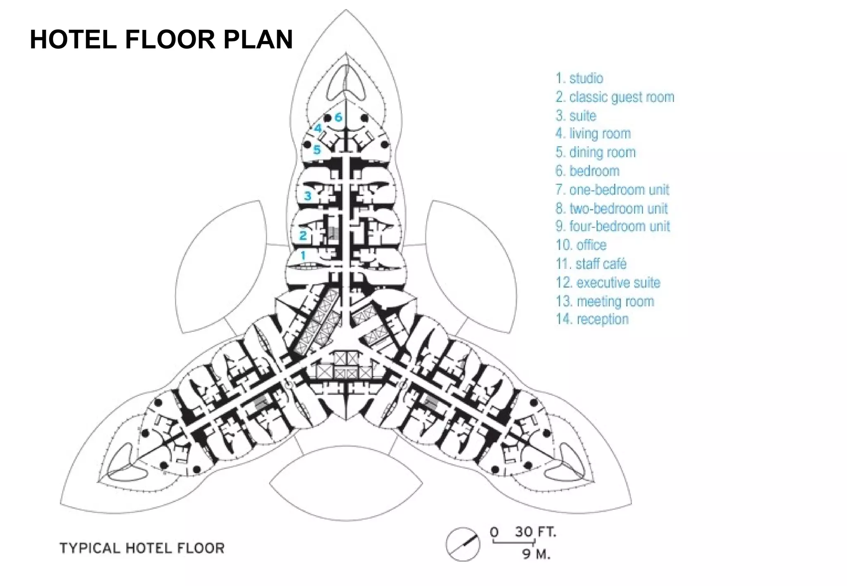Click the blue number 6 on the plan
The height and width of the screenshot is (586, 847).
click(338, 117)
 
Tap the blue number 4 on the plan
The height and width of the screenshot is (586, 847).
click(318, 128)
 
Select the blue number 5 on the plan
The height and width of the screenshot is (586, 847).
click(317, 150)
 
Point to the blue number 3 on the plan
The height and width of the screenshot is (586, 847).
click(307, 196)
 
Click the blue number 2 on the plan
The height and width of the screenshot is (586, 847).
click(303, 236)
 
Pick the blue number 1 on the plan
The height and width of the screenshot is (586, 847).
click(303, 255)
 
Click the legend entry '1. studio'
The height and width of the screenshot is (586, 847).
click(579, 78)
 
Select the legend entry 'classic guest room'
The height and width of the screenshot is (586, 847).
click(615, 97)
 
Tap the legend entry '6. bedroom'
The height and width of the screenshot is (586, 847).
click(587, 171)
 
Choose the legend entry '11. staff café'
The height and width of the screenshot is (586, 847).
click(591, 264)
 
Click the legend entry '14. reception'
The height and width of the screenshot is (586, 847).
click(592, 319)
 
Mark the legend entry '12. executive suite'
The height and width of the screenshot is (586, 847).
click(608, 283)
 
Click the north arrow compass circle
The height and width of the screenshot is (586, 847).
click(463, 544)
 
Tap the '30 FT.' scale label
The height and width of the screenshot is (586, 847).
click(535, 532)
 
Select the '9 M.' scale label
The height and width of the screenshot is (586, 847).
click(536, 554)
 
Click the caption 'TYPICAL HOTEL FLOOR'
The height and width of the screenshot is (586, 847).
click(142, 548)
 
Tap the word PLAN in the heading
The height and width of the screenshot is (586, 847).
click(258, 40)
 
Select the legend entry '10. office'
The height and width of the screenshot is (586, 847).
click(581, 245)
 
